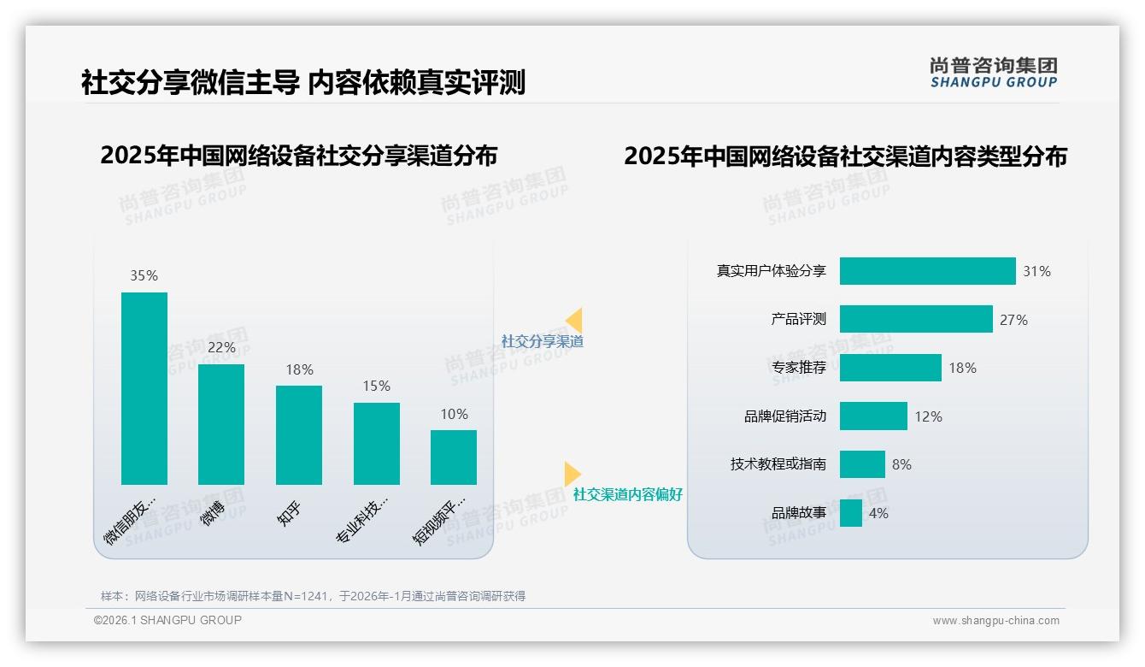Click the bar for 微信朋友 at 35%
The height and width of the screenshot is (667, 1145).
144,388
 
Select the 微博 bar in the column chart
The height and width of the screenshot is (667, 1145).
221,424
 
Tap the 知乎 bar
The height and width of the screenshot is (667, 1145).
299,434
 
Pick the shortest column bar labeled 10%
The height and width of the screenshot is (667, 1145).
454,457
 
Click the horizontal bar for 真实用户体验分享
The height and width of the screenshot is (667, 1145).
927,271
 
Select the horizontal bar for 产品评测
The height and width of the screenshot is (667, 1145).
916,319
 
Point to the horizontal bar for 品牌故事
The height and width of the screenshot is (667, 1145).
851,513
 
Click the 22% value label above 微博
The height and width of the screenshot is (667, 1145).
221,348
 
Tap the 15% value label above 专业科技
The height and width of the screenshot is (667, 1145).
376,387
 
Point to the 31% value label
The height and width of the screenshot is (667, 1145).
1036,272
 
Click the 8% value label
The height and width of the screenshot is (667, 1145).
901,465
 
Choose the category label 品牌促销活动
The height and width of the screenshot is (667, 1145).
785,416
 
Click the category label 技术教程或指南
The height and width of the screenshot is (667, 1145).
778,464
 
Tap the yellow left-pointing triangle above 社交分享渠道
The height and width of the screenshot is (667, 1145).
574,321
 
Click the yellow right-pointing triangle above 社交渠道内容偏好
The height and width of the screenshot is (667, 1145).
572,474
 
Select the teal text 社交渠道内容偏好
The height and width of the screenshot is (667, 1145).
628,495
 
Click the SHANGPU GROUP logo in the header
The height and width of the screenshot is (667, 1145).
994,73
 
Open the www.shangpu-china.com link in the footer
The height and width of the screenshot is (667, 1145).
995,621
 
